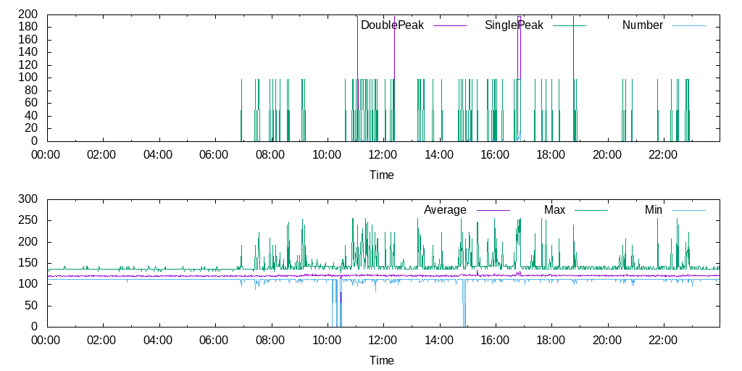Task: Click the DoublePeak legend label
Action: [392, 25]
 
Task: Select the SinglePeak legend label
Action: [514, 25]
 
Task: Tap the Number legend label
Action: [642, 25]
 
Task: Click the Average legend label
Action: [445, 210]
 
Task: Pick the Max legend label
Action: [554, 210]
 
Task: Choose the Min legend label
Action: [654, 210]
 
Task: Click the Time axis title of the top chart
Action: [382, 175]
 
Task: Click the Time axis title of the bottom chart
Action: [382, 360]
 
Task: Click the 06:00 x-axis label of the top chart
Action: [214, 154]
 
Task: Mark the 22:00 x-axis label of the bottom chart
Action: [662, 340]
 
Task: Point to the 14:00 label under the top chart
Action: [438, 154]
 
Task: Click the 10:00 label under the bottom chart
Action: [326, 340]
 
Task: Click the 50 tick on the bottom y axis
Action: [34, 306]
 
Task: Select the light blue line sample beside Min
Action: [688, 210]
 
